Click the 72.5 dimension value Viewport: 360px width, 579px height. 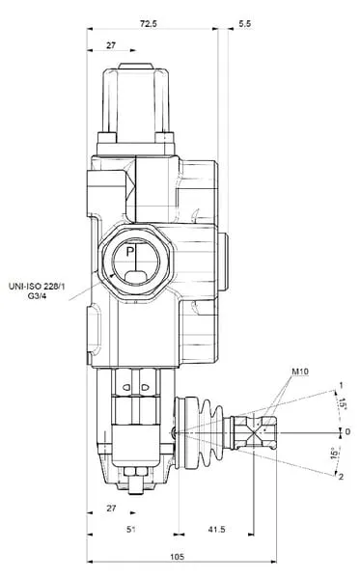149,23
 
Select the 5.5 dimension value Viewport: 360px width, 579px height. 245,23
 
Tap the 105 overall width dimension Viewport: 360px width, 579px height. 178,557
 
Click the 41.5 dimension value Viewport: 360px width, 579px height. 216,529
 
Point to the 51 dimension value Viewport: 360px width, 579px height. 130,529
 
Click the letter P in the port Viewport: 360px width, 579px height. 129,252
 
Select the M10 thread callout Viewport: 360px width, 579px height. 300,372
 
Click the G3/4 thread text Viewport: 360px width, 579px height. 37,295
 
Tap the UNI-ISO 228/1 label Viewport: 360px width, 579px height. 37,286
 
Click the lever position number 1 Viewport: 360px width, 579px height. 341,385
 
